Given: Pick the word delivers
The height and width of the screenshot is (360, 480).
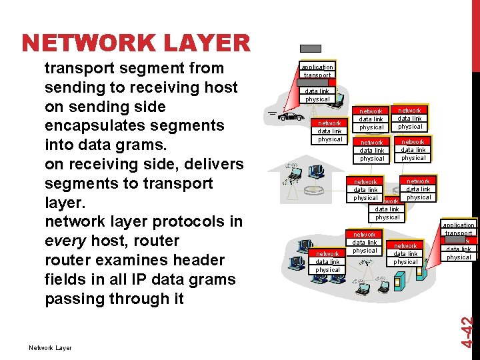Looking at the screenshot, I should click(205, 164).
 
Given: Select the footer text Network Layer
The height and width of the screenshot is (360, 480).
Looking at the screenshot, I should click(50, 347).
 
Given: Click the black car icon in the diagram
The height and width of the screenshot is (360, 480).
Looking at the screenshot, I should click(290, 116).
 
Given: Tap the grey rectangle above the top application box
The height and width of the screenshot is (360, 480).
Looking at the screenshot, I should click(311, 49).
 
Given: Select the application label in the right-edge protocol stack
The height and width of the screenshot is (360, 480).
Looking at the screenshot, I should click(459, 225).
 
